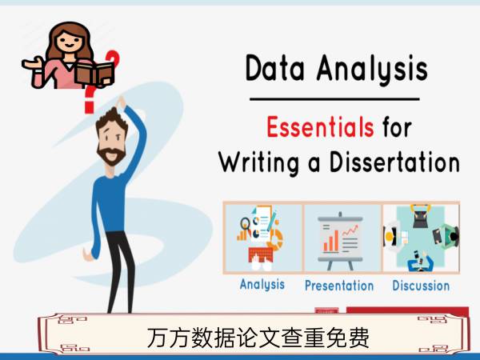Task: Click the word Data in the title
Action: tap(275, 68)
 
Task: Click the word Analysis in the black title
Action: tap(372, 70)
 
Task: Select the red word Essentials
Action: tap(320, 126)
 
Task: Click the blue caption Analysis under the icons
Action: tap(262, 285)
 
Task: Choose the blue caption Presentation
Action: tap(339, 286)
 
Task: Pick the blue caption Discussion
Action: tap(421, 286)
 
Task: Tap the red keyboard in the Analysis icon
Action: tap(261, 254)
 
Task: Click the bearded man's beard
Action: tap(111, 155)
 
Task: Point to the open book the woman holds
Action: tap(94, 74)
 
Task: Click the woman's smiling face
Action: tap(70, 41)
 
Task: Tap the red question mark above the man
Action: tap(89, 100)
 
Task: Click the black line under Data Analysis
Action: tap(334, 99)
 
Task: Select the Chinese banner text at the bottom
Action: tap(258, 338)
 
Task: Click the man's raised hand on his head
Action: tap(121, 103)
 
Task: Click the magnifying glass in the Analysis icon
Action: tap(246, 224)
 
